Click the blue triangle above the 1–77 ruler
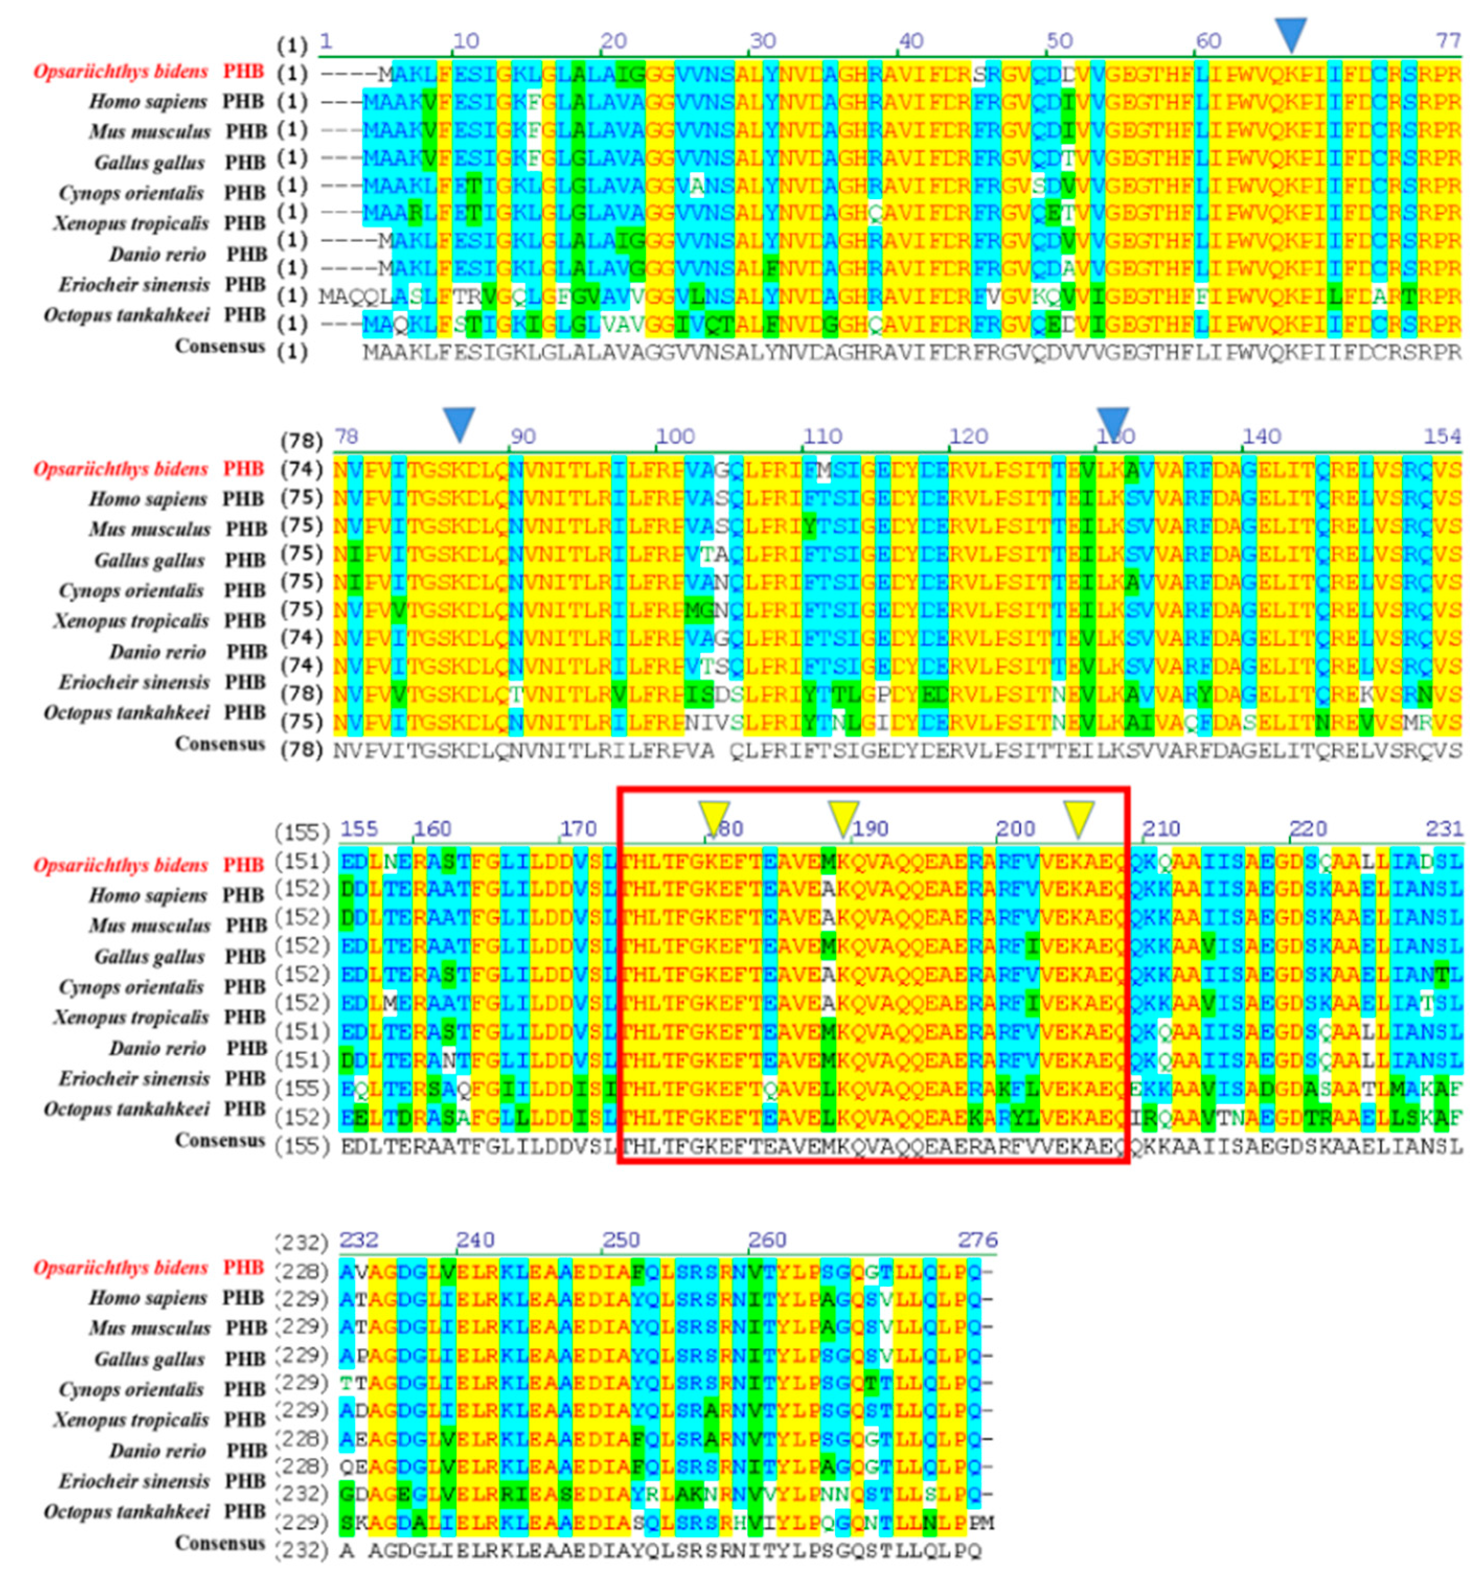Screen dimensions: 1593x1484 (1290, 33)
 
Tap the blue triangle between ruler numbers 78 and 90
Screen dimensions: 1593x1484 (459, 423)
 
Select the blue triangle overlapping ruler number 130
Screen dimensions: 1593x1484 (1112, 423)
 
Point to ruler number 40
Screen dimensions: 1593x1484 (911, 40)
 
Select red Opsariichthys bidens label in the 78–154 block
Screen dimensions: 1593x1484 (120, 469)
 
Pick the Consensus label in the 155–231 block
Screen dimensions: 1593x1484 (220, 1140)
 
